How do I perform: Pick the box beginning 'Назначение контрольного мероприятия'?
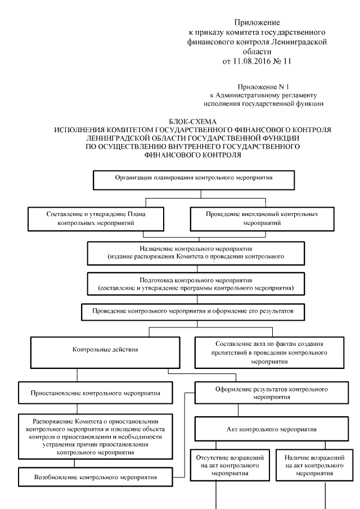click(190, 251)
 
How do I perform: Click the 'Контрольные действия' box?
click(106, 350)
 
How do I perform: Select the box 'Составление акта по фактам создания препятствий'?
click(264, 352)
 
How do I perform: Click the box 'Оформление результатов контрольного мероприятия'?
click(264, 393)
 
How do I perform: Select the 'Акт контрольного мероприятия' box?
click(264, 429)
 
